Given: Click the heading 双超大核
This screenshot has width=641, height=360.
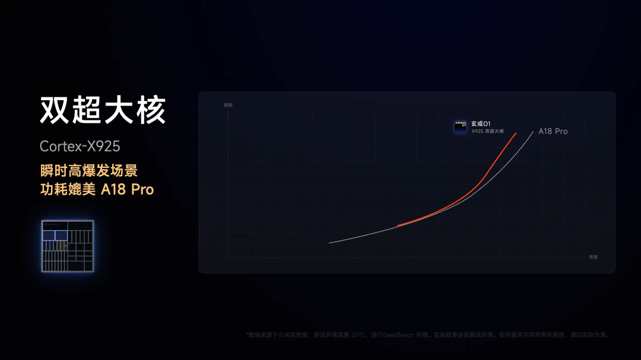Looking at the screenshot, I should click(x=103, y=110).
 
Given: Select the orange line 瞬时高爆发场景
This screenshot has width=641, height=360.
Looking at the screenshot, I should click(x=88, y=171).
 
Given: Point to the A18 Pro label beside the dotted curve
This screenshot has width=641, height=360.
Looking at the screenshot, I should click(x=553, y=131).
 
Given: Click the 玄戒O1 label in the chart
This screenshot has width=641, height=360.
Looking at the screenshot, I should click(x=481, y=123).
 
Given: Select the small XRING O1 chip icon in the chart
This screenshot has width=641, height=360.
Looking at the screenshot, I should click(x=461, y=126).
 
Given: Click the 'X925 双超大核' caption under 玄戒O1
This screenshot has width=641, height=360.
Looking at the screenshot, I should click(x=487, y=131).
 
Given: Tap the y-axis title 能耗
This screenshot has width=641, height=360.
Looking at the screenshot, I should click(x=229, y=105).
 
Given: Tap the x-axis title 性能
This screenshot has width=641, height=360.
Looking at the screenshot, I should click(x=593, y=257).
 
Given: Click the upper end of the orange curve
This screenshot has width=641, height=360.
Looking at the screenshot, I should click(x=515, y=133).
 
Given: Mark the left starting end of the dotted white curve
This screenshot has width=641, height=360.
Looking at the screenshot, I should click(x=329, y=243).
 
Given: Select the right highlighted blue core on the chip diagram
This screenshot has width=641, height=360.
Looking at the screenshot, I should click(x=61, y=235).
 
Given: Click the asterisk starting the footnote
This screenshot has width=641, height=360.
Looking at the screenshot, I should click(x=247, y=334).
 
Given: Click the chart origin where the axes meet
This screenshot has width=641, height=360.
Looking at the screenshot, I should click(x=229, y=257).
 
